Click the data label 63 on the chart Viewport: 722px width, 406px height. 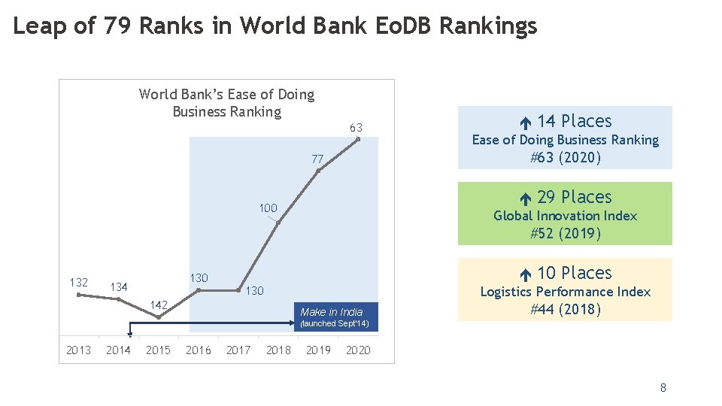point(356,128)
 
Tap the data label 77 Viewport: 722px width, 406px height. point(317,159)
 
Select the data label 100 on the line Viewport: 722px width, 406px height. point(268,208)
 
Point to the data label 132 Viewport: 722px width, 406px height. point(79,283)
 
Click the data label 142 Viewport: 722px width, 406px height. point(159,304)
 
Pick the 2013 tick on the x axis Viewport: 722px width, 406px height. point(78,350)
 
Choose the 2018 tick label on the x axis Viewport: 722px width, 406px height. point(278,350)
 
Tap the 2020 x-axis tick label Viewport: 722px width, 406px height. point(358,350)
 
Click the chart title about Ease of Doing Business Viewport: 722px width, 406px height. point(226,103)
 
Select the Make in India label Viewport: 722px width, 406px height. point(331,312)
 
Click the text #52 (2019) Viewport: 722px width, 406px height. point(565,233)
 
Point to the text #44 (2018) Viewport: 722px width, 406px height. point(565,309)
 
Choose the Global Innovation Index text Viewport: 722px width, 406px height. point(565,216)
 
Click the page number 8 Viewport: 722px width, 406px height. point(663,388)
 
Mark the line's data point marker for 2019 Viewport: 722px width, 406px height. point(318,171)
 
